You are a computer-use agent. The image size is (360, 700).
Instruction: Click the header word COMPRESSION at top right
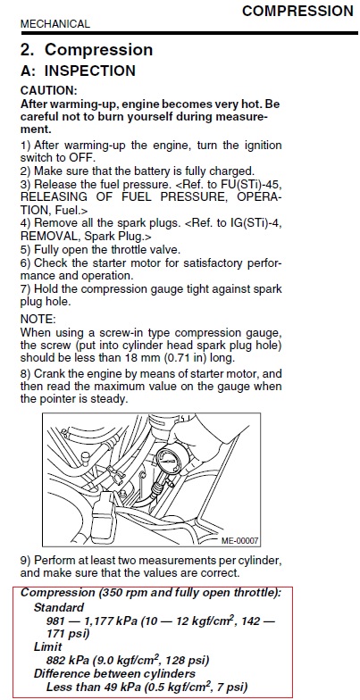[x=297, y=11]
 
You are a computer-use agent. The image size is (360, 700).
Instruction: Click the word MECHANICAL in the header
[x=55, y=24]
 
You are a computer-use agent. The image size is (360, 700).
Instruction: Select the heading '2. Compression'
[x=87, y=50]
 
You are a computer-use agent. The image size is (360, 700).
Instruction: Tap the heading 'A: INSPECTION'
[x=79, y=71]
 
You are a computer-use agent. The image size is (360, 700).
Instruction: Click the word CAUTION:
[x=48, y=91]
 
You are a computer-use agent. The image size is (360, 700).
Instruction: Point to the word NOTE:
[x=38, y=320]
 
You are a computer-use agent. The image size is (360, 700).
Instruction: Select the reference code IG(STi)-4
[x=254, y=223]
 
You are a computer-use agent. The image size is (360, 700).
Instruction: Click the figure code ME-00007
[x=239, y=541]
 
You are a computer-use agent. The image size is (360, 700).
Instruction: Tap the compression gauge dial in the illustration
[x=168, y=461]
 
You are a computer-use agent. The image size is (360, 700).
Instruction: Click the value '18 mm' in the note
[x=136, y=358]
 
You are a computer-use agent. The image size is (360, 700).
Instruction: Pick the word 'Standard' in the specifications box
[x=59, y=607]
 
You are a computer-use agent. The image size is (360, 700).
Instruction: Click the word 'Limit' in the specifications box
[x=48, y=646]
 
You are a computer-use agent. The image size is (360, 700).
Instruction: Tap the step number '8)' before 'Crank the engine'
[x=25, y=373]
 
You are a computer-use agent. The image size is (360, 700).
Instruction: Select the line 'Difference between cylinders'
[x=114, y=673]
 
